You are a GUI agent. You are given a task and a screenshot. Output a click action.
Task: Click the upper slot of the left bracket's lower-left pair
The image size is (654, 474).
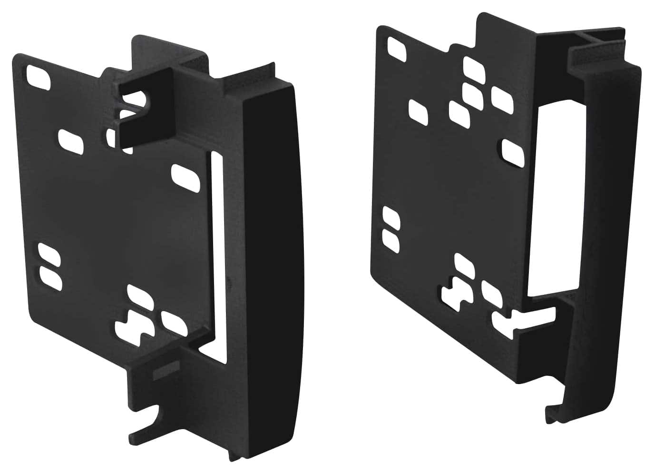pos(49,255)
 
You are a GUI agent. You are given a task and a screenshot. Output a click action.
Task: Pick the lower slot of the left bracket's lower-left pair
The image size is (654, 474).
pos(51,279)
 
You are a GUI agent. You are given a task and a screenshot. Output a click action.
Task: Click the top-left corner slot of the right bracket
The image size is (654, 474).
pos(397,48)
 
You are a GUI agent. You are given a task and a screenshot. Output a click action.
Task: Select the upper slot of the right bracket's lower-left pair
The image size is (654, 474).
pos(392,217)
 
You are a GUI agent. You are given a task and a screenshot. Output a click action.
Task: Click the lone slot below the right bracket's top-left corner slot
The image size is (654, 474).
pos(419,110)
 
